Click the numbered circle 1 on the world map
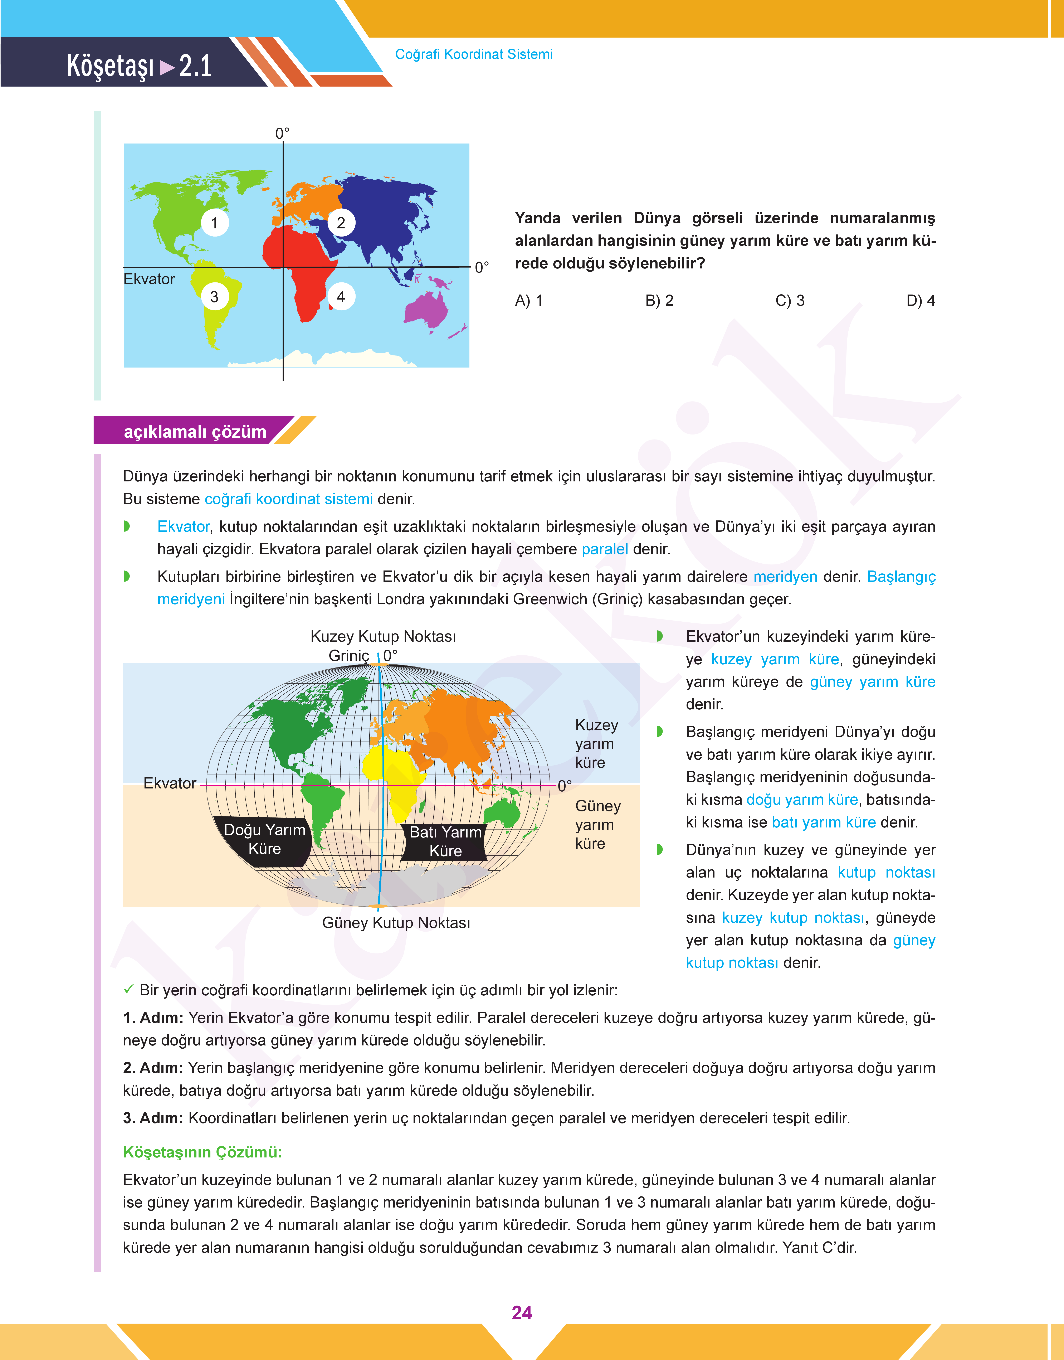pos(214,223)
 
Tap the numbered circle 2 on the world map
pos(341,223)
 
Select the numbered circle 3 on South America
pos(214,297)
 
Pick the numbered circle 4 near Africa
pos(341,297)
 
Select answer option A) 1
pos(529,301)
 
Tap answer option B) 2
pos(659,301)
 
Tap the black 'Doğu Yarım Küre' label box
pos(264,840)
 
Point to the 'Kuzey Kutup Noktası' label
pos(383,636)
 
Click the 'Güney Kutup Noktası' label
pos(396,923)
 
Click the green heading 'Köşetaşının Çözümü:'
pos(202,1152)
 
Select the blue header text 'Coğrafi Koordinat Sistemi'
pos(473,54)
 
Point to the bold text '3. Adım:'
pos(153,1118)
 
